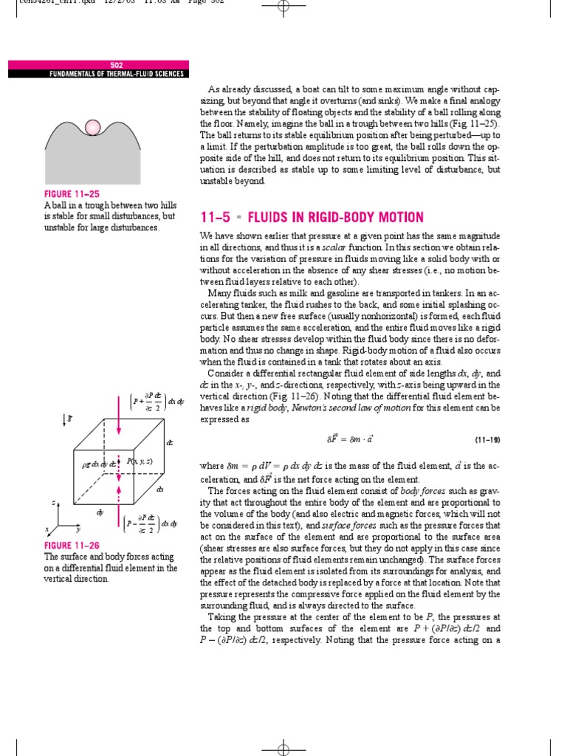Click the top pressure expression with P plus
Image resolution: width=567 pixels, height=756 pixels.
tap(153, 402)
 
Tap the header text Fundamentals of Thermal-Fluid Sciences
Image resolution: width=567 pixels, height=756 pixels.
tap(97, 74)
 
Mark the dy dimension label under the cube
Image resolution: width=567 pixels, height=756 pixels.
tap(98, 511)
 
